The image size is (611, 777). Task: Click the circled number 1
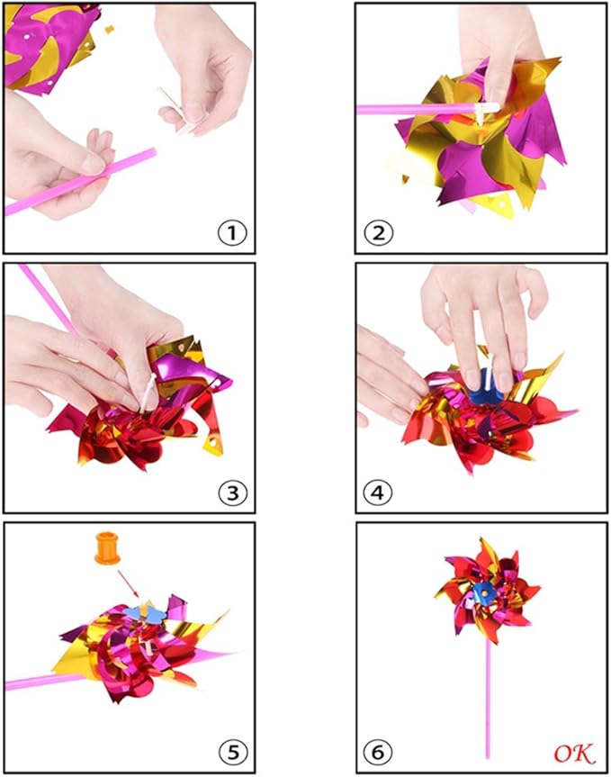click(232, 232)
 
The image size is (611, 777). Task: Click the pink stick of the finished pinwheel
click(489, 693)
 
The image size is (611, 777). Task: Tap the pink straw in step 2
click(405, 109)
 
